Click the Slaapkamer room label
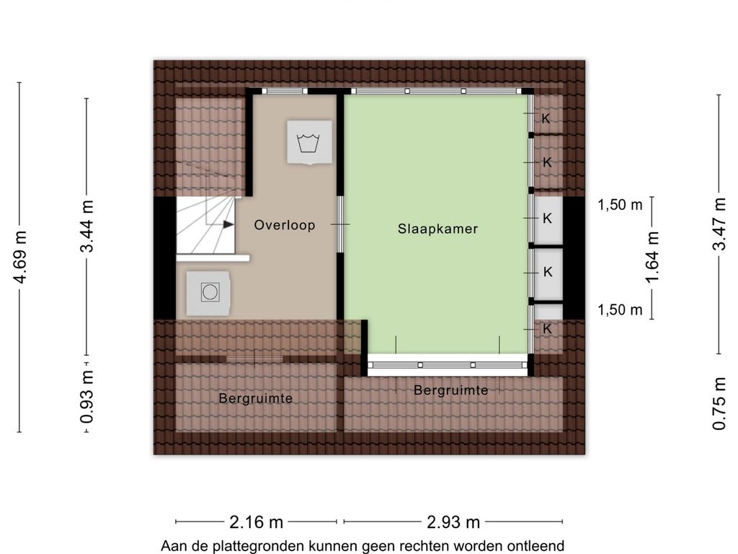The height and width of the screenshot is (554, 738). pos(437,229)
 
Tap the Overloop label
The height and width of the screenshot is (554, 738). pos(285,225)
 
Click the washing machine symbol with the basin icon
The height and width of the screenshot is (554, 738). pos(309,142)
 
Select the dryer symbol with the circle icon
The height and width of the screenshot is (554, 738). pos(208,293)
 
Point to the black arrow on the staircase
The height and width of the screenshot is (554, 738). pos(228,224)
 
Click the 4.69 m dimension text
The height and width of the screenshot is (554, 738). pos(20,258)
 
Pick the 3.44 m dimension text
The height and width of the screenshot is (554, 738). pos(87,226)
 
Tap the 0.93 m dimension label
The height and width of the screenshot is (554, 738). pos(87,396)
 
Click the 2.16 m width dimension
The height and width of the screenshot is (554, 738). pos(256,522)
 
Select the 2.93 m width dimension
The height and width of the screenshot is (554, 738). pos(453,522)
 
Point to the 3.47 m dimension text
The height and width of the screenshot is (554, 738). pos(719,224)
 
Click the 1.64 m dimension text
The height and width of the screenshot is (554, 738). pos(652,258)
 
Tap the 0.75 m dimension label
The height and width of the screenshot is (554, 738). pos(719,404)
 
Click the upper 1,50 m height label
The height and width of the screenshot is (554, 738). pos(620,205)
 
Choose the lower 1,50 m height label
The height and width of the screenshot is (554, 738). pos(620,310)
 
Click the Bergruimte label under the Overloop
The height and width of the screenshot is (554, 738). pos(256,398)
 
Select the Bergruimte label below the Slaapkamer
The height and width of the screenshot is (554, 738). pos(450,390)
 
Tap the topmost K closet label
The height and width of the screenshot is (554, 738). pos(546,118)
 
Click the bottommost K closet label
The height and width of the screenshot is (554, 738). pos(547,329)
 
